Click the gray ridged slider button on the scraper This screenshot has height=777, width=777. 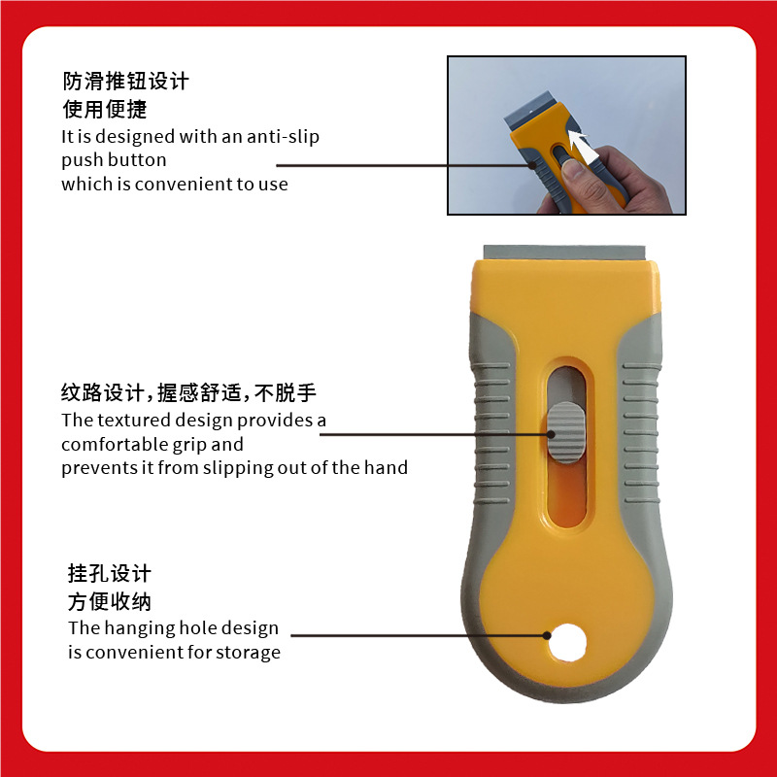[566, 432]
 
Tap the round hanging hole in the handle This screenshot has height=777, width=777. [567, 642]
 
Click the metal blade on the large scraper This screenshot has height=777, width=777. [564, 253]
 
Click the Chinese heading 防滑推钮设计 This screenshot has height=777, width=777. [126, 82]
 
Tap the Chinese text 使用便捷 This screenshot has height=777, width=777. [105, 110]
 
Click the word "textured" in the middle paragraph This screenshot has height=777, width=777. [134, 421]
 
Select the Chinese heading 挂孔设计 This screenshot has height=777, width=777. [110, 573]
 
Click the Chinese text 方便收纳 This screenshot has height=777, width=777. [110, 601]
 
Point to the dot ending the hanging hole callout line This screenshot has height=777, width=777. [547, 635]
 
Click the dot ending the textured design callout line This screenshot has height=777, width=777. [551, 434]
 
